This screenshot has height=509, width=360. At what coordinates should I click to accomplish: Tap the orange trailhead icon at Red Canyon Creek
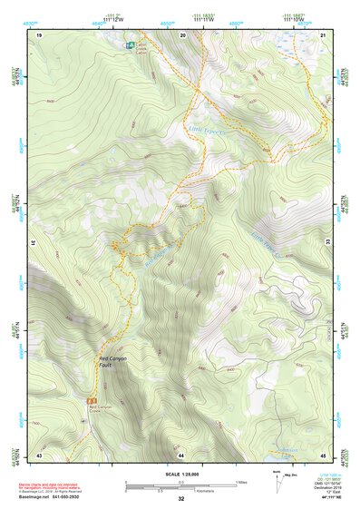pyautogui.click(x=91, y=399)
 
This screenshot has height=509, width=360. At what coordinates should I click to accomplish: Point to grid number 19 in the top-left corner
pyautogui.click(x=40, y=34)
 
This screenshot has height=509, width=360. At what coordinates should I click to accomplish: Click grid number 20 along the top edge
pyautogui.click(x=182, y=34)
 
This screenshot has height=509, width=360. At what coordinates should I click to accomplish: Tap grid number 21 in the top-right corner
pyautogui.click(x=324, y=34)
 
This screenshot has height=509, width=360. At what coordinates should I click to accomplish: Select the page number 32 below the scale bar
pyautogui.click(x=181, y=499)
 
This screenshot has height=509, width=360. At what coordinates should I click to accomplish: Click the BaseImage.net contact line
pyautogui.click(x=59, y=496)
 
